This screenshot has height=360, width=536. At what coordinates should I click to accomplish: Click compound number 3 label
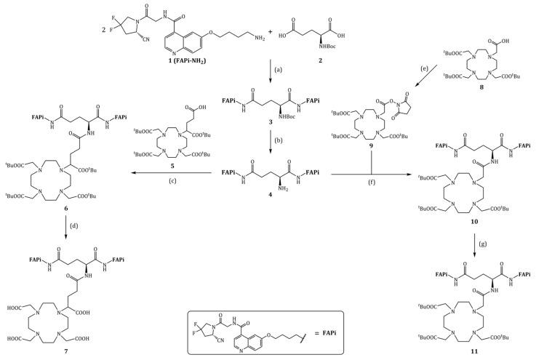[x=274, y=135]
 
